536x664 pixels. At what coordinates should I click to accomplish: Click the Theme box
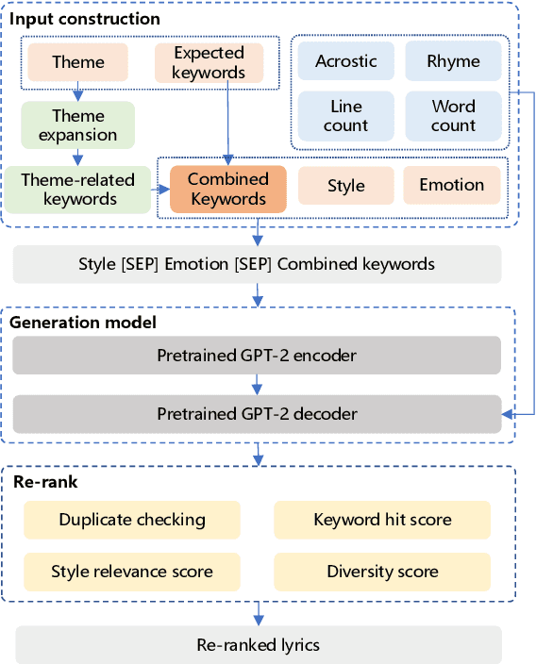pos(78,62)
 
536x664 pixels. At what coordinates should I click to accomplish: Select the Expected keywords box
pos(209,62)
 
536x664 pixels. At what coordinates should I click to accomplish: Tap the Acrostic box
pos(346,61)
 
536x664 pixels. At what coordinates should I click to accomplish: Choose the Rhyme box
pos(453,61)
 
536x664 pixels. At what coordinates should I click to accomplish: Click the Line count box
pos(346,115)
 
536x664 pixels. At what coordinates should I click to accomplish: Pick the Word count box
pos(453,115)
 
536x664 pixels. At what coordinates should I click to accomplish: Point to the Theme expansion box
pos(78,125)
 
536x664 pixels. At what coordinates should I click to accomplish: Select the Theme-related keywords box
pos(78,189)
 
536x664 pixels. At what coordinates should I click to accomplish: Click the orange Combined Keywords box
pos(228,189)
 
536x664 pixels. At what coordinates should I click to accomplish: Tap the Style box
pos(346,186)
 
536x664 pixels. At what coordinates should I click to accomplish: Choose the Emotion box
pos(452,186)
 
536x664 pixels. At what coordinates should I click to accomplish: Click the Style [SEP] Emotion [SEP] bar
pos(257,264)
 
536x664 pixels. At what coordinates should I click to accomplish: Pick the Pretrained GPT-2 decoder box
pos(257,414)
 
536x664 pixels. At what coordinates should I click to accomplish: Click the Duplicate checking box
pos(132,520)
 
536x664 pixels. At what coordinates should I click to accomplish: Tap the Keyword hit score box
pos(382,520)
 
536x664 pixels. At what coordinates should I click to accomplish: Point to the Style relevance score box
pos(132,572)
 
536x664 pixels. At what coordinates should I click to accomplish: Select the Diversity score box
pos(382,572)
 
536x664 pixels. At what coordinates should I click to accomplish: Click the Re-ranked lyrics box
pos(257,645)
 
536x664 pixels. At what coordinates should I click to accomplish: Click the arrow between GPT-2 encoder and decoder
pos(257,386)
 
